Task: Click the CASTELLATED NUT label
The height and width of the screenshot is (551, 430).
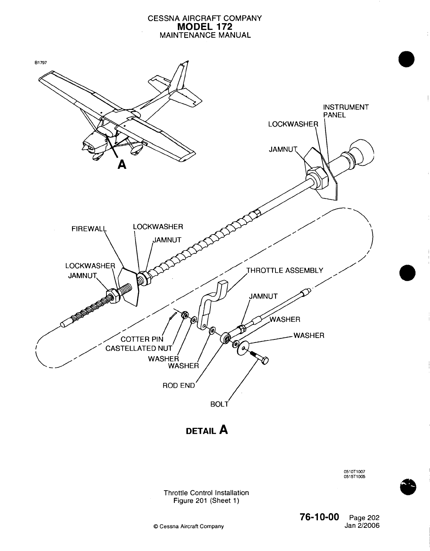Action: (139, 348)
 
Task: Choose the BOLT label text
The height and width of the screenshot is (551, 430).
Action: (219, 404)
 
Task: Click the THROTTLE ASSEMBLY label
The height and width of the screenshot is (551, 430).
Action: (285, 270)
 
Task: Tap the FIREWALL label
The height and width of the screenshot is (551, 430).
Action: (89, 229)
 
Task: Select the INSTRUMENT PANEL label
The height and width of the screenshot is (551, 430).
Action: (346, 111)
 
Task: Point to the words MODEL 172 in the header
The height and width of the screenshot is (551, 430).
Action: (205, 27)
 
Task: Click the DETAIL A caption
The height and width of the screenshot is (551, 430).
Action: (207, 430)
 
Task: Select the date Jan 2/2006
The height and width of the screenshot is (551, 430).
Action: (363, 525)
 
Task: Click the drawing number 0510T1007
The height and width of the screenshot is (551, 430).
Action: (352, 472)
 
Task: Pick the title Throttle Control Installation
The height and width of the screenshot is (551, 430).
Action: (206, 493)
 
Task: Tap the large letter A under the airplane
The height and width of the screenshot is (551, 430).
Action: (121, 164)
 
